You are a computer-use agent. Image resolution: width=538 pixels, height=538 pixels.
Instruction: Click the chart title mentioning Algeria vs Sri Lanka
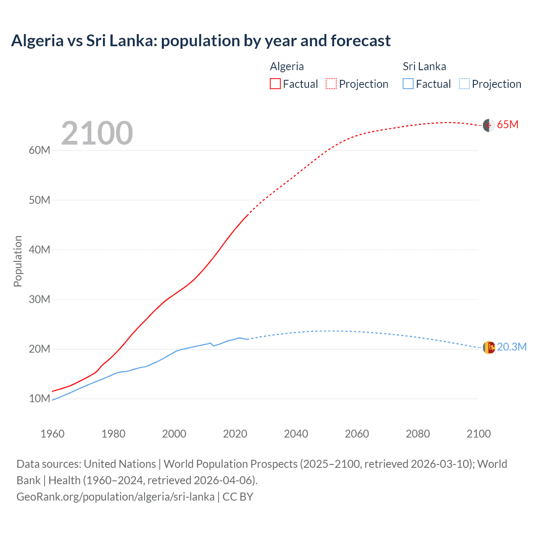click(x=201, y=41)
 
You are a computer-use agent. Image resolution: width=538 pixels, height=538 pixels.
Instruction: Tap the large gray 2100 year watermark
click(x=97, y=133)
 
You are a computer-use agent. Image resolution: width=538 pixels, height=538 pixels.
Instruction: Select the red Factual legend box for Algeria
click(x=275, y=84)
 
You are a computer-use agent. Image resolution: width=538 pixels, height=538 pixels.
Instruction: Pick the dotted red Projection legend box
click(x=331, y=84)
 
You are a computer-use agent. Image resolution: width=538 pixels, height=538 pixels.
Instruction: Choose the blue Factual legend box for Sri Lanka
click(x=408, y=84)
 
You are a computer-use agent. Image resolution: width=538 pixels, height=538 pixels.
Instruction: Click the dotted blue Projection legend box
click(x=464, y=84)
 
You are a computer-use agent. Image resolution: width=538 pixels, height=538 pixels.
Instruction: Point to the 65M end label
click(x=507, y=125)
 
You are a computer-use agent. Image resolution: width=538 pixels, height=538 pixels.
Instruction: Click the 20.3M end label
click(x=512, y=347)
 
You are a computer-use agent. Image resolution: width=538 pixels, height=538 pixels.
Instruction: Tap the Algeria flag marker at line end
click(x=488, y=125)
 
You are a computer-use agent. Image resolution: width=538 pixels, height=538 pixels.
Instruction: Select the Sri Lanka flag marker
click(x=489, y=348)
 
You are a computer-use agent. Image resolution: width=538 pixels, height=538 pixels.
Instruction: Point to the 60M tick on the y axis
click(x=40, y=150)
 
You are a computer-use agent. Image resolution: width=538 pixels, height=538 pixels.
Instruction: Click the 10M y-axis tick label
click(x=40, y=398)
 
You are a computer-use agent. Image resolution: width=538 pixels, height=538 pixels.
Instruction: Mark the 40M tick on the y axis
click(x=40, y=250)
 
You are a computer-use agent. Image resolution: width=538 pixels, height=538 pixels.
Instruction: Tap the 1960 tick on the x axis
click(x=53, y=434)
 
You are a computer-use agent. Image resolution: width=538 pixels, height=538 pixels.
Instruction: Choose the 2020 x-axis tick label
click(x=235, y=434)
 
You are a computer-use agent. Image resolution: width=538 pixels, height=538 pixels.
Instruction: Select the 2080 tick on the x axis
click(x=418, y=434)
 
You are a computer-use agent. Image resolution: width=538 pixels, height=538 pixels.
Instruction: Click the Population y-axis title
click(x=18, y=261)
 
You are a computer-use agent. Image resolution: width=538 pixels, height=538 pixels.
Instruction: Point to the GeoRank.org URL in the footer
click(x=116, y=497)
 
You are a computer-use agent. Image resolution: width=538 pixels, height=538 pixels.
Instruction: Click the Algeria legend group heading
click(x=287, y=66)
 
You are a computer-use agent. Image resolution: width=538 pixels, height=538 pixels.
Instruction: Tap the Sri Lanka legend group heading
click(x=425, y=66)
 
